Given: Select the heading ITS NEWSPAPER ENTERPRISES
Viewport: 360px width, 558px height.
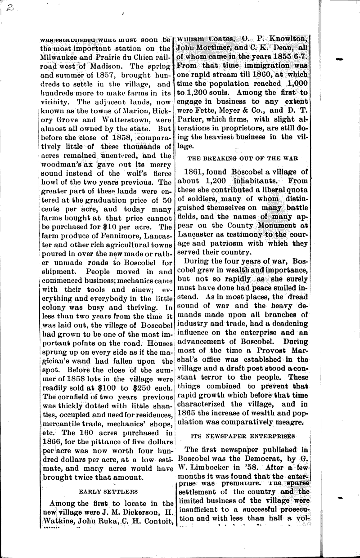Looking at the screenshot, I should pos(243,436).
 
